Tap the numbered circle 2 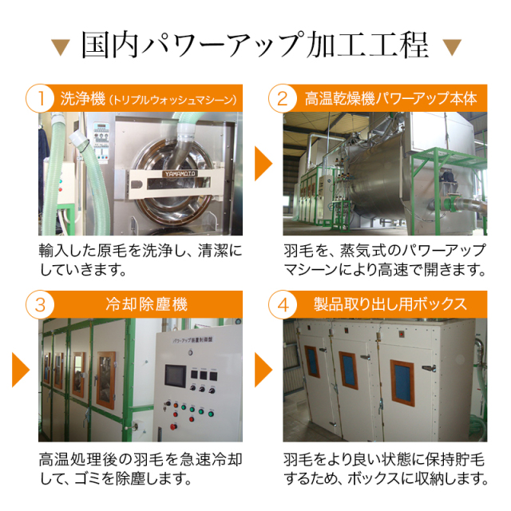(283, 100)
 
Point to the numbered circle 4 (283, 305)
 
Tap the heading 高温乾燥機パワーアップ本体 (390, 100)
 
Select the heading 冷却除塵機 (138, 305)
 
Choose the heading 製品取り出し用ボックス (390, 305)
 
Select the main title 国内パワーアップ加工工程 (255, 45)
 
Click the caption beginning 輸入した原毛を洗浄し (141, 259)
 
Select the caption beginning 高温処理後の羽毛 (141, 469)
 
